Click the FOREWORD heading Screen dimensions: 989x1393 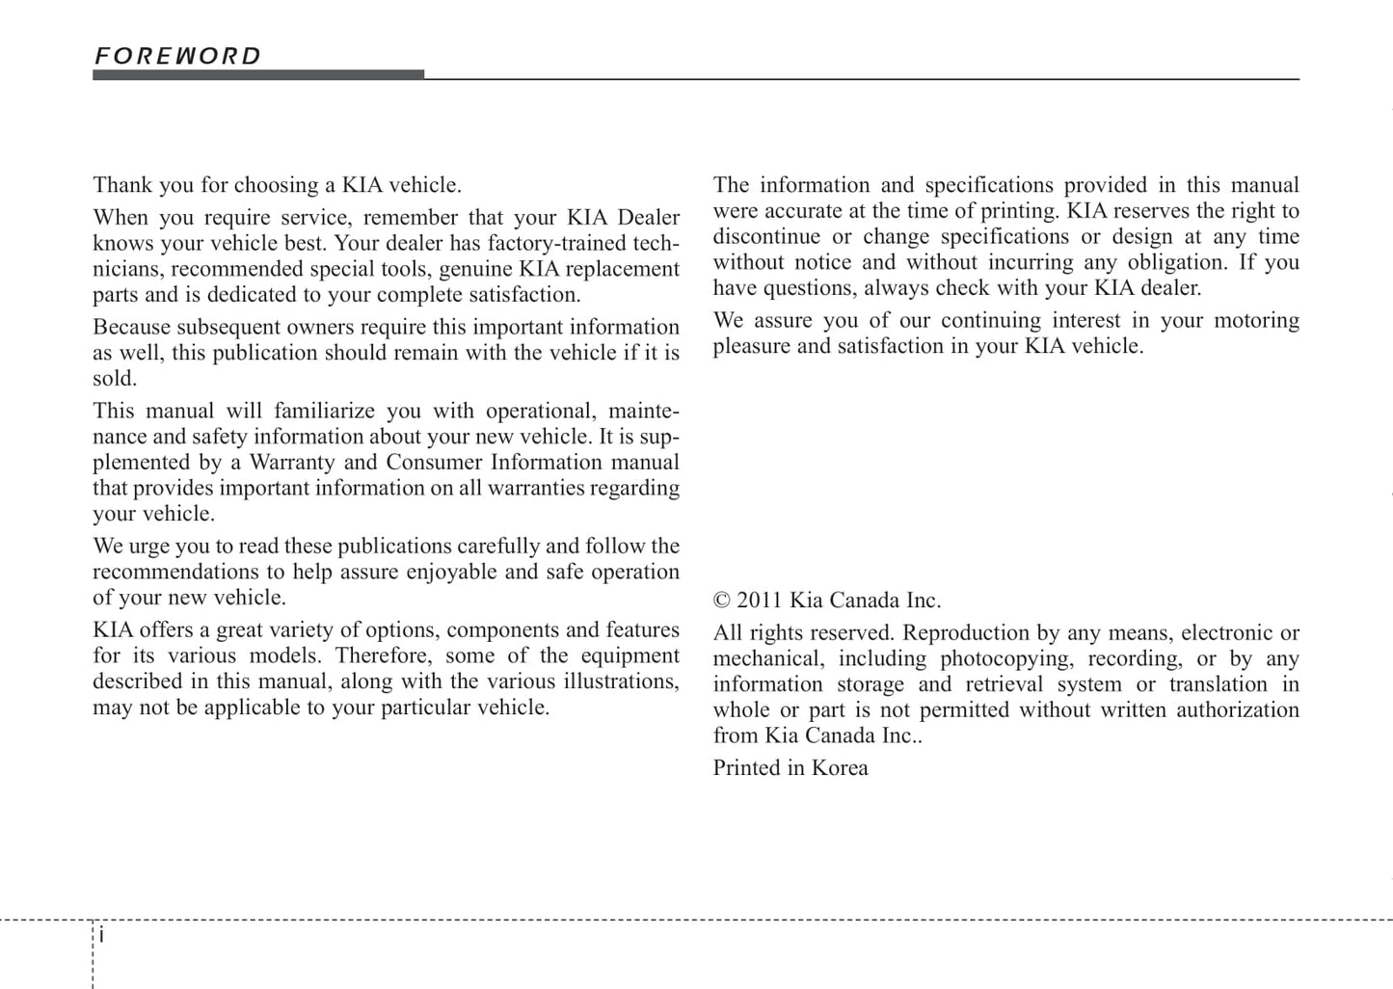tap(177, 56)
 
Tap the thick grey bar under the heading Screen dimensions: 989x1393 tap(257, 74)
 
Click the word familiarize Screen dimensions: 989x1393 tap(324, 412)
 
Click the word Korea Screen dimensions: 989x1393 tap(840, 768)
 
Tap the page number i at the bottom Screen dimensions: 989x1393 tap(101, 936)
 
